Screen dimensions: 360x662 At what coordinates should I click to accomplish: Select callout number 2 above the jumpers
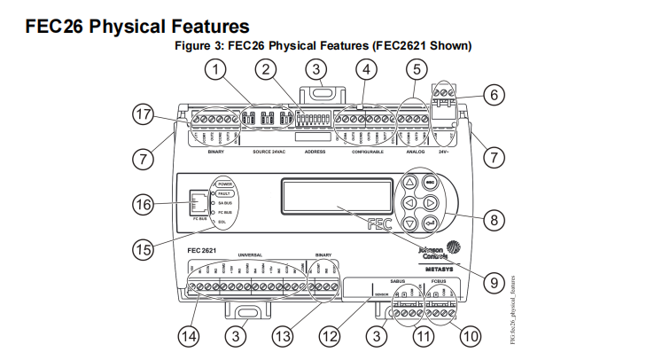(265, 69)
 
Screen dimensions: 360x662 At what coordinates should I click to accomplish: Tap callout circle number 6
(495, 93)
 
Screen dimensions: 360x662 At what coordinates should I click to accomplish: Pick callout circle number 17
(142, 113)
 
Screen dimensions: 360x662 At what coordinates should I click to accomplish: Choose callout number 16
(142, 204)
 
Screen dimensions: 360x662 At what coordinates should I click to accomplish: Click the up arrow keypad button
(409, 183)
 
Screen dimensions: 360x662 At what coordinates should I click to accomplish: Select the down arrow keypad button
(409, 223)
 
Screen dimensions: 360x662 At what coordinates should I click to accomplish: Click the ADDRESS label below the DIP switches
(315, 152)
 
